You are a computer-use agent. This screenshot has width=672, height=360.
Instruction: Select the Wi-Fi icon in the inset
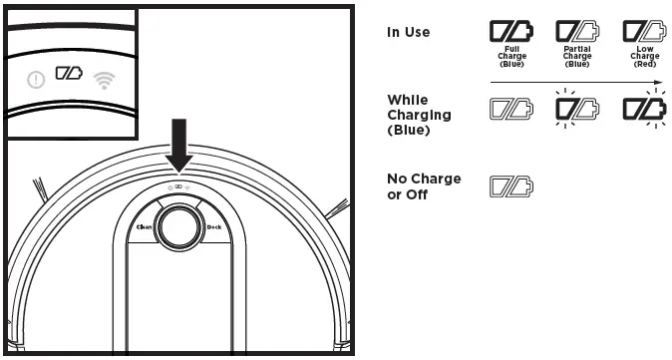[103, 80]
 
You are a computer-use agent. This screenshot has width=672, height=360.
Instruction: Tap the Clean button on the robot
[144, 227]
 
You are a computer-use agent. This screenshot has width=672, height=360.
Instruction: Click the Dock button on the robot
[213, 227]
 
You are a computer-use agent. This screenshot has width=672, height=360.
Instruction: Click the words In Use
[408, 32]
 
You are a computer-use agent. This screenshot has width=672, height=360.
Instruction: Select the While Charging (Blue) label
[419, 115]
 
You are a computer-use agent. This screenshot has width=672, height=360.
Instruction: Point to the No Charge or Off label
[424, 186]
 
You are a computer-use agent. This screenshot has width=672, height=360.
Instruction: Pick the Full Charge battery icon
[510, 32]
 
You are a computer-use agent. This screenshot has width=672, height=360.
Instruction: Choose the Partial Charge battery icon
[576, 32]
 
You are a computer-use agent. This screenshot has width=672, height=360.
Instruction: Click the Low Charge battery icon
[643, 32]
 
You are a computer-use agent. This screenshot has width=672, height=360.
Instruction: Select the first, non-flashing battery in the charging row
[510, 108]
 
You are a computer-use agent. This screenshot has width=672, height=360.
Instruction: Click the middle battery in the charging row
[576, 108]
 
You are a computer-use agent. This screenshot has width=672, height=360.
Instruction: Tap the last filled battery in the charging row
[643, 108]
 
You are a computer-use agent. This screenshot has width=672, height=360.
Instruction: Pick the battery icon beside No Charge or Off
[510, 184]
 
